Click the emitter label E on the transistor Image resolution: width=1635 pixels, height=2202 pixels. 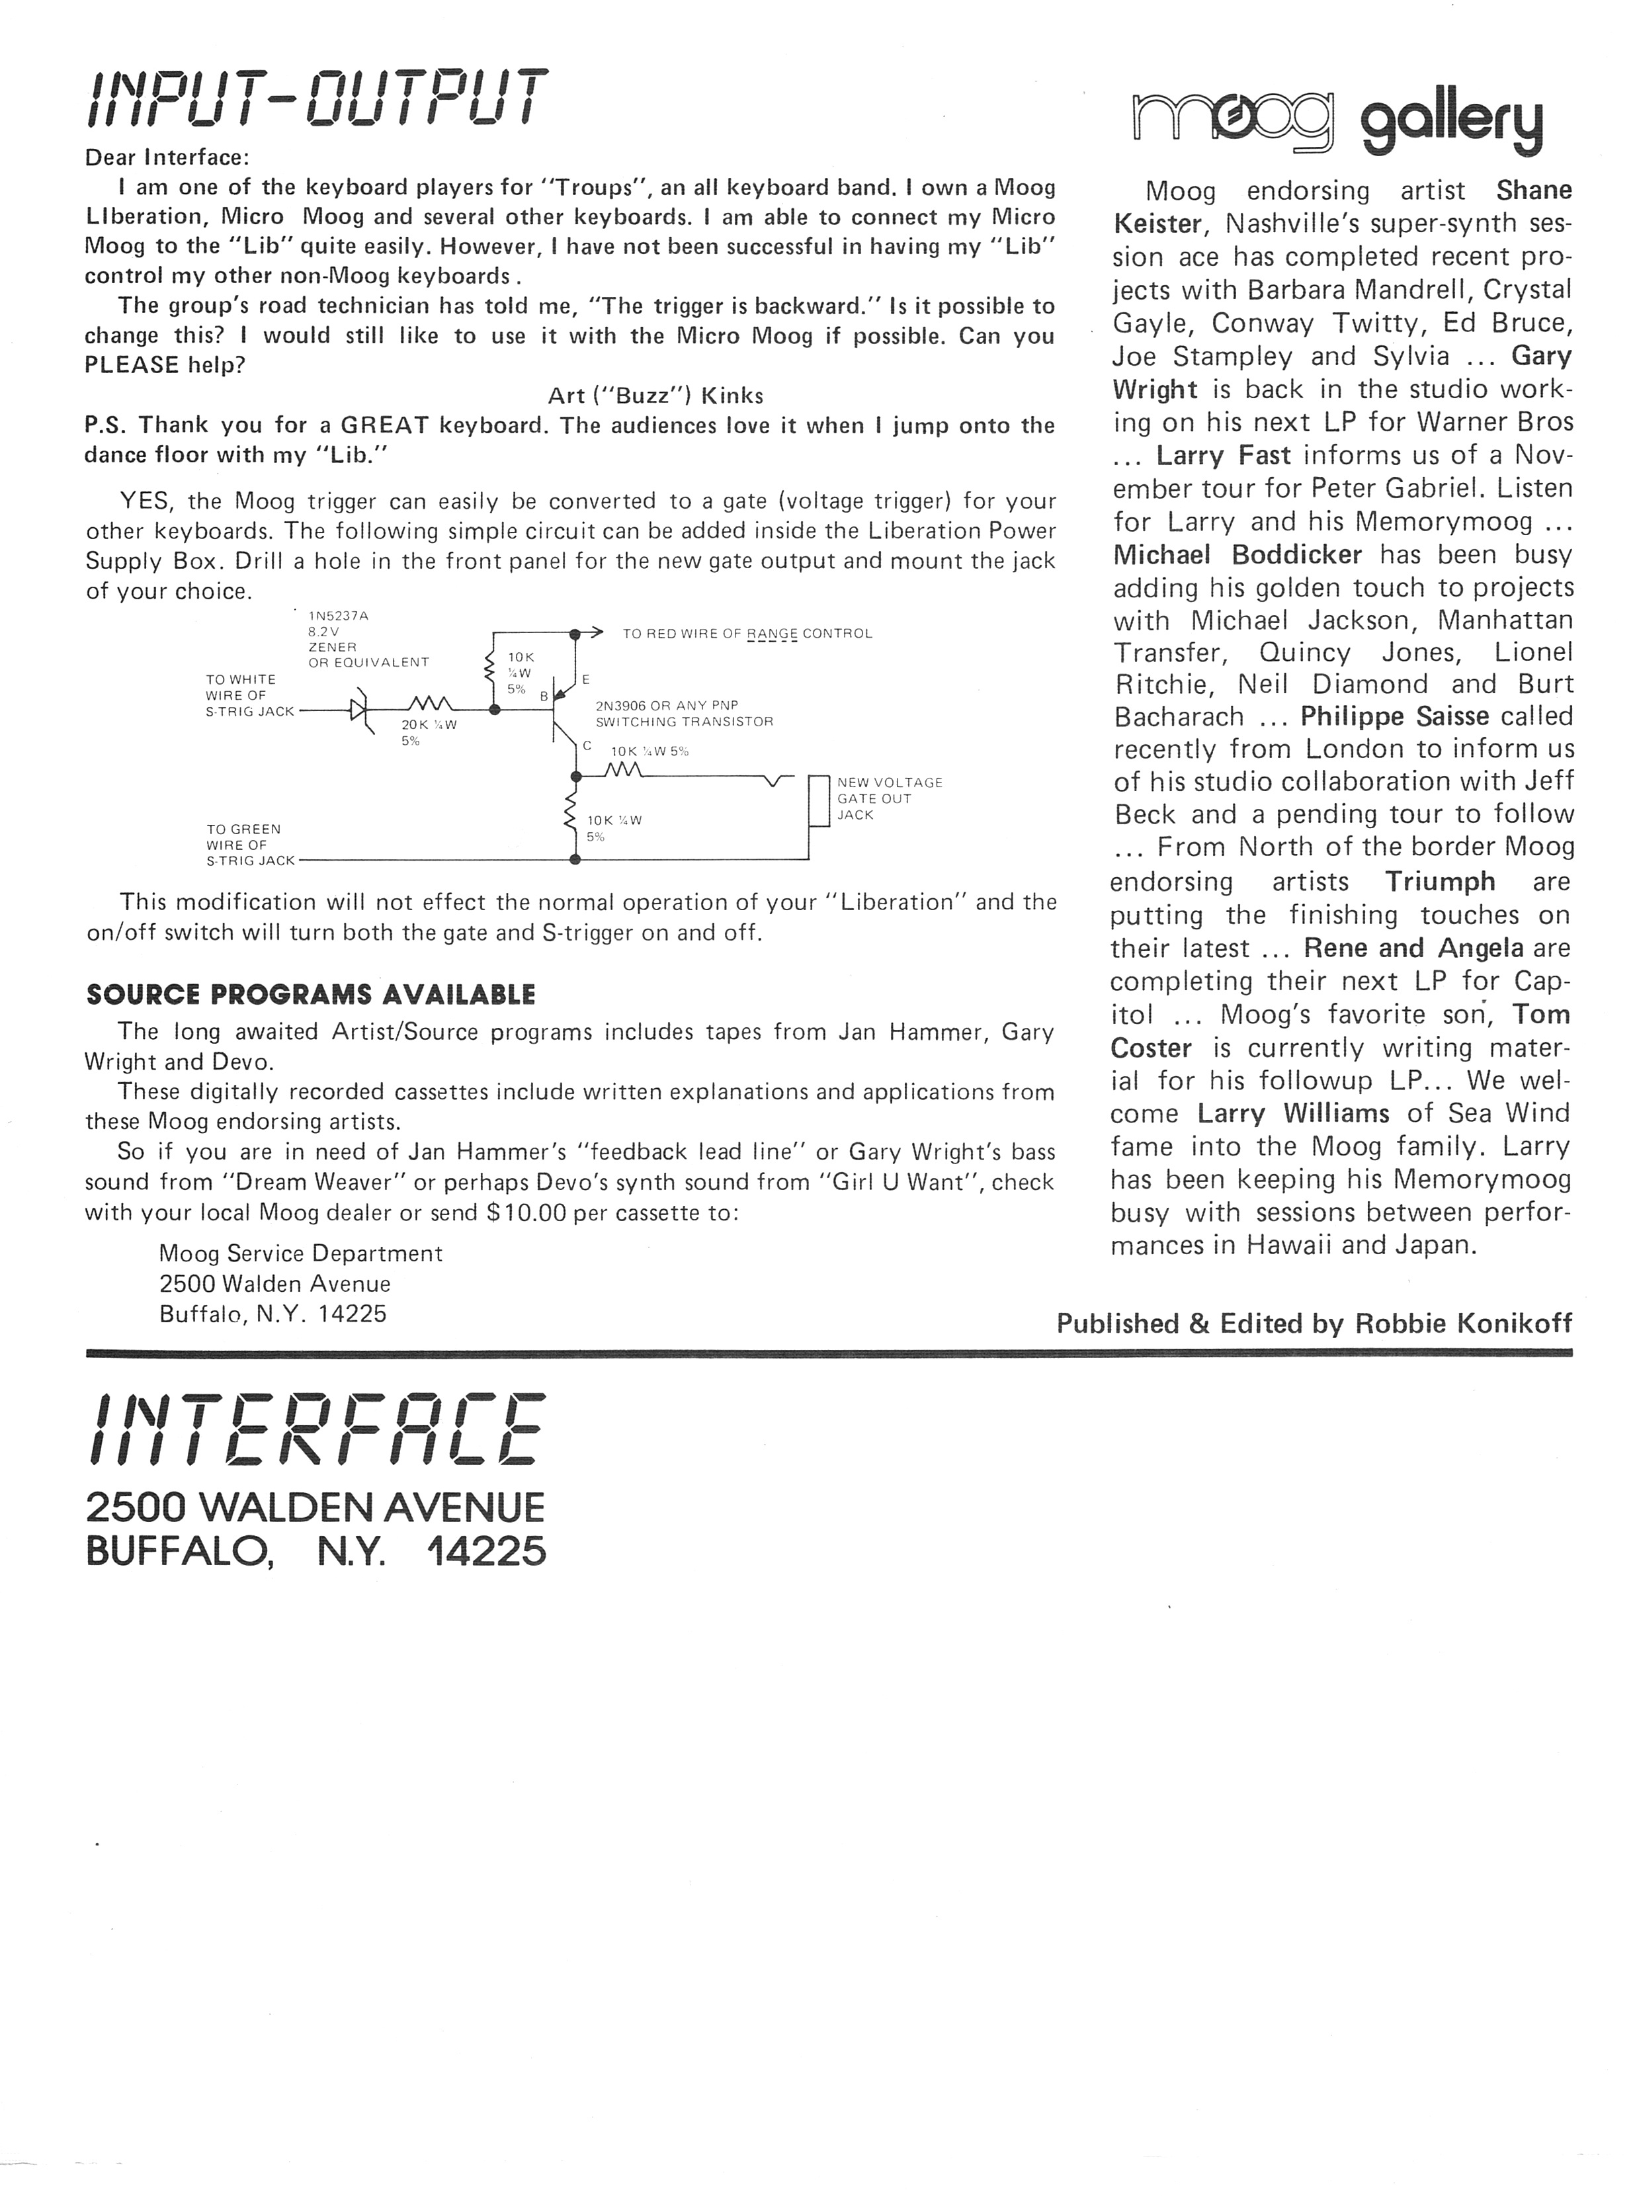click(586, 679)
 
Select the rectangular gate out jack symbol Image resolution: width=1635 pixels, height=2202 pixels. click(818, 800)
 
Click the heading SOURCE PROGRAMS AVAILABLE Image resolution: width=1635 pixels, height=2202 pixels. click(311, 995)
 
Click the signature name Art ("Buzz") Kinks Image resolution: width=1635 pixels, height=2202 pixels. click(655, 396)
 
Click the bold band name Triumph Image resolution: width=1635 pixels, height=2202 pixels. click(1440, 881)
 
